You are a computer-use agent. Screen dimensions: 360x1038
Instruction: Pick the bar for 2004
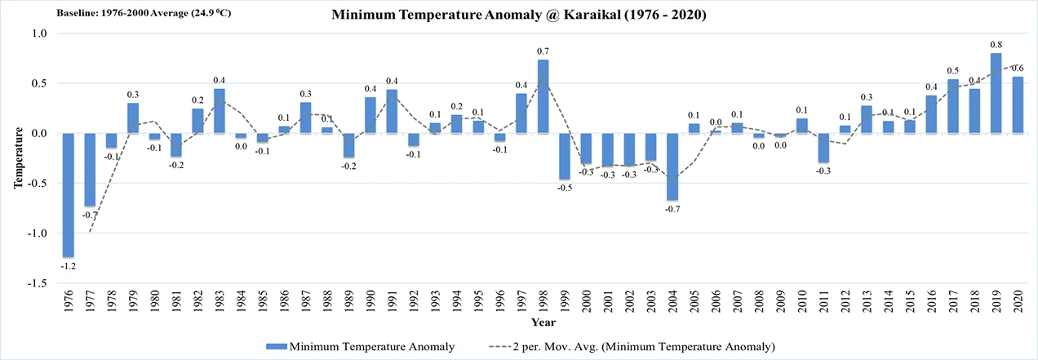pyautogui.click(x=672, y=167)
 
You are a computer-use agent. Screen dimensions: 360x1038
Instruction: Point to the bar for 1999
pyautogui.click(x=565, y=156)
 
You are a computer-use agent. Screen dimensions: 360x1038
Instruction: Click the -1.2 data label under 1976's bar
pyautogui.click(x=69, y=265)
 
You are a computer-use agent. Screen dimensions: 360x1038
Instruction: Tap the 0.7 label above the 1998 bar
pyautogui.click(x=543, y=51)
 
